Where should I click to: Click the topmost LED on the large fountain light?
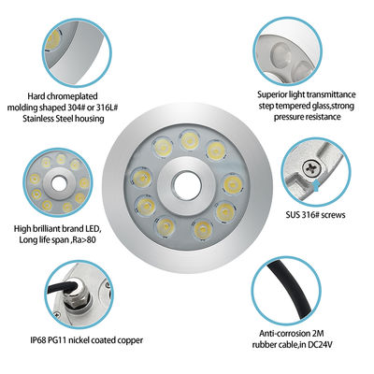(190, 141)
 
